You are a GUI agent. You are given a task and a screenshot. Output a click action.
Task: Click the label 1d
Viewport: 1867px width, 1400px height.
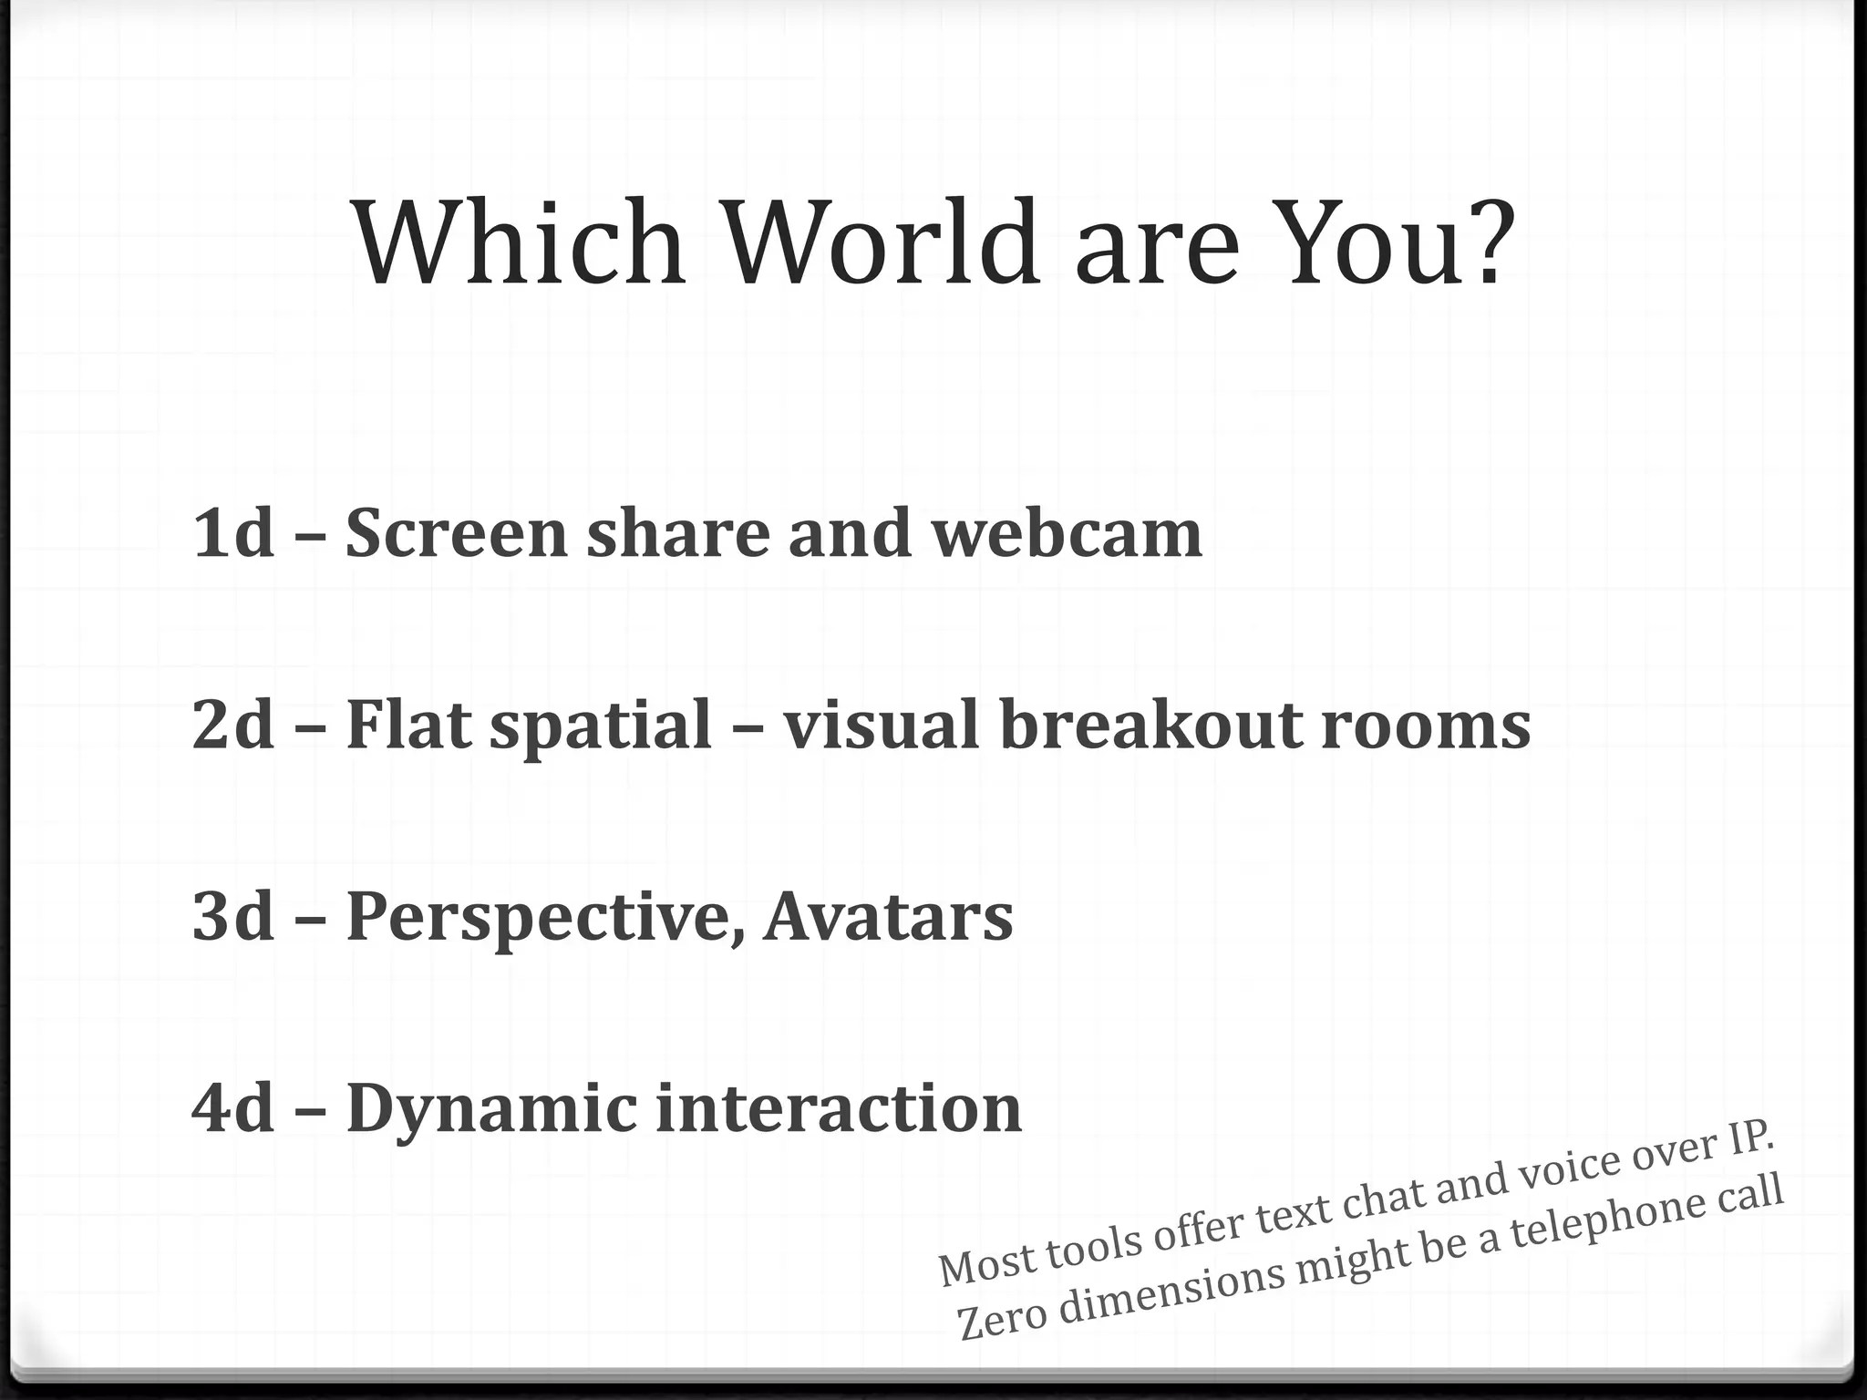[233, 533]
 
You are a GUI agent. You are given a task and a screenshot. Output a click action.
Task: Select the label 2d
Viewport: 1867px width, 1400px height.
[233, 725]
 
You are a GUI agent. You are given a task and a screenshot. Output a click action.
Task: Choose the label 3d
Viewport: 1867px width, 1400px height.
[233, 916]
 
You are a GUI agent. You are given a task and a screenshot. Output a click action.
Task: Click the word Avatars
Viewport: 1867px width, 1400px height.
[889, 916]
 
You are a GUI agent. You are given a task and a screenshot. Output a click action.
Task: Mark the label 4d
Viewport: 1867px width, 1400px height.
[233, 1108]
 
